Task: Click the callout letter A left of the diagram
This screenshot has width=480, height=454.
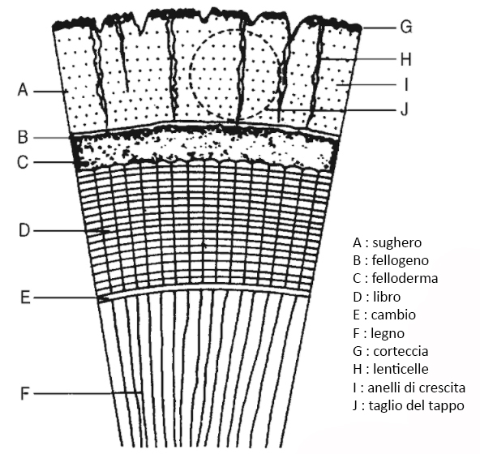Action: coord(23,91)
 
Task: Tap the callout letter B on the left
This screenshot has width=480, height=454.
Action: coord(23,137)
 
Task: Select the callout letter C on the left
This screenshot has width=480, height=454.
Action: coord(23,162)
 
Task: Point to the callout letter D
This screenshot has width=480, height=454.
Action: coord(24,230)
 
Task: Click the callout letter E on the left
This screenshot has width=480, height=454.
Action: coord(25,298)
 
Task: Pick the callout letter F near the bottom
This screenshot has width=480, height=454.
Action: coord(25,394)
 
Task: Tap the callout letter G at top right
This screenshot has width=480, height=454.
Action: coord(406,27)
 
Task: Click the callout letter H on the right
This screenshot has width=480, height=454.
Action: coord(405,59)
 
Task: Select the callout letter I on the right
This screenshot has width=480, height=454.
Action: coord(406,84)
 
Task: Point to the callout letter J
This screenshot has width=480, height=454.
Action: coord(405,109)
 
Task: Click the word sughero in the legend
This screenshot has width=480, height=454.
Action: coord(397,243)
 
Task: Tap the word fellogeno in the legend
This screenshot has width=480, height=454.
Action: coord(400,260)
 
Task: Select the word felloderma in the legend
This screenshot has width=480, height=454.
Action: coord(405,278)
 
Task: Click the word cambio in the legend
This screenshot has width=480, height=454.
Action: coord(393,315)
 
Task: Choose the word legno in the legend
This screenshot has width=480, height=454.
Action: coord(388,333)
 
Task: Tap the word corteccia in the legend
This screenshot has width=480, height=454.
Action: coord(401,351)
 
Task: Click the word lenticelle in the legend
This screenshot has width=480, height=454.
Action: coord(401,369)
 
